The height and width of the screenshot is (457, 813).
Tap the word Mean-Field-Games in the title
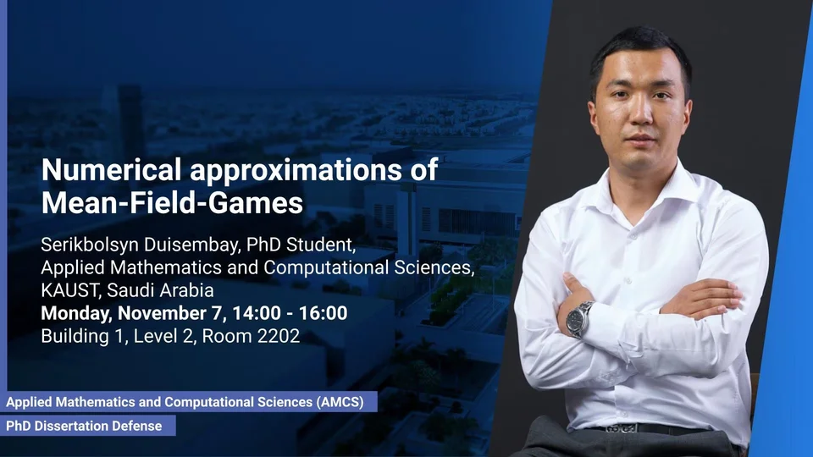click(172, 202)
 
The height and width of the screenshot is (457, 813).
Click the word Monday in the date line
click(75, 313)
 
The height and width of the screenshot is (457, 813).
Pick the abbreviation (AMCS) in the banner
click(340, 402)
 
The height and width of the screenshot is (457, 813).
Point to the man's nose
click(641, 113)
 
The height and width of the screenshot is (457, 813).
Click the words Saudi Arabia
click(160, 290)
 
